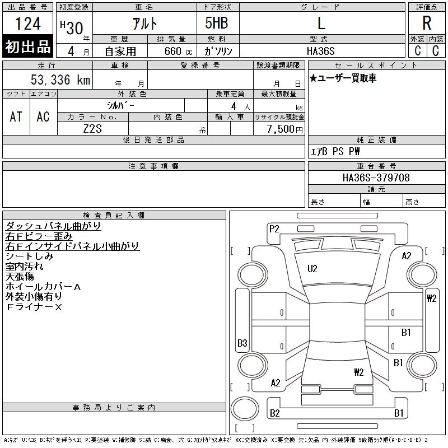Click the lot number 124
(x=28, y=24)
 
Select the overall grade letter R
(x=427, y=24)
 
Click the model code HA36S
(x=321, y=50)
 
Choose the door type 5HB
(x=212, y=24)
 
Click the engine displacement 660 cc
(x=171, y=51)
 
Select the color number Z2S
(x=92, y=128)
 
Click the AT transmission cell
(x=16, y=116)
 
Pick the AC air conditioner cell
(x=43, y=116)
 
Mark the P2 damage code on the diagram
(x=274, y=228)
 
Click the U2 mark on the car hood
(x=312, y=269)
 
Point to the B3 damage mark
(x=242, y=343)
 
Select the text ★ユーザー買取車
(x=343, y=78)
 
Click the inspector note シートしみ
(x=29, y=256)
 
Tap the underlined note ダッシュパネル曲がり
(x=53, y=226)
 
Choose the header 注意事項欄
(x=153, y=166)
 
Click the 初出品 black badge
(x=28, y=47)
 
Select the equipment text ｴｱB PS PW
(x=335, y=151)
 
